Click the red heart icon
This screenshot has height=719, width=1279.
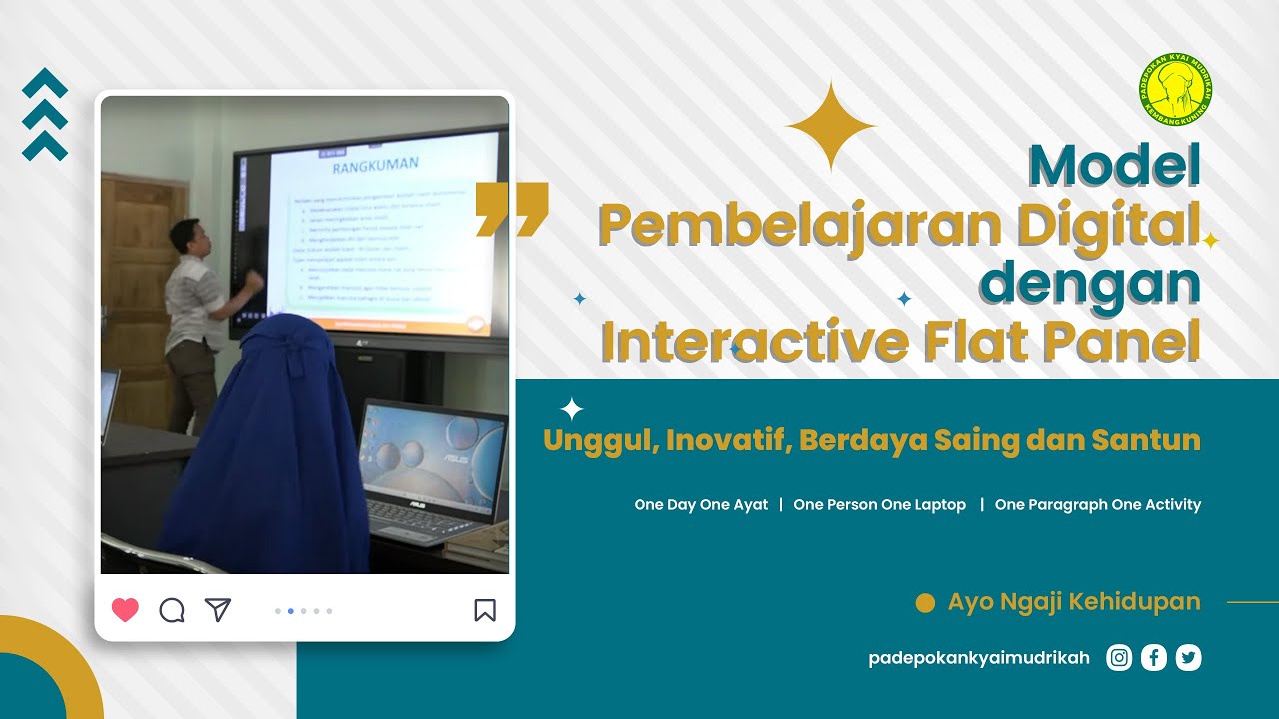pyautogui.click(x=125, y=609)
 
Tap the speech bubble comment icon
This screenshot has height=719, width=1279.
pyautogui.click(x=172, y=609)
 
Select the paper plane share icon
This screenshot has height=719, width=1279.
pyautogui.click(x=218, y=609)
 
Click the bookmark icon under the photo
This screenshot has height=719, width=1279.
pyautogui.click(x=485, y=609)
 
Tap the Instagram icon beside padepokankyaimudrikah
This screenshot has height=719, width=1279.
pyautogui.click(x=1119, y=657)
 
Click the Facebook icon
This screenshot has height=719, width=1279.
pyautogui.click(x=1153, y=657)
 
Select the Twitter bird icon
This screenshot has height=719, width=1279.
pyautogui.click(x=1188, y=657)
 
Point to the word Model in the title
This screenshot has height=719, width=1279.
pyautogui.click(x=1114, y=166)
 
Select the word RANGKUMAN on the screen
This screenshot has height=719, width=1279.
pyautogui.click(x=375, y=164)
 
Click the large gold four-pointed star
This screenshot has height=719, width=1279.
pyautogui.click(x=831, y=126)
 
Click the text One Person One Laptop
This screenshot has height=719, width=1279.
pyautogui.click(x=879, y=505)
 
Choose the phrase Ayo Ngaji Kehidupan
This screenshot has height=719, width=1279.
pyautogui.click(x=1074, y=602)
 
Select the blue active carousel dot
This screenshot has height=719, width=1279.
pyautogui.click(x=290, y=610)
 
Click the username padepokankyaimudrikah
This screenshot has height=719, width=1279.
pyautogui.click(x=979, y=658)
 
